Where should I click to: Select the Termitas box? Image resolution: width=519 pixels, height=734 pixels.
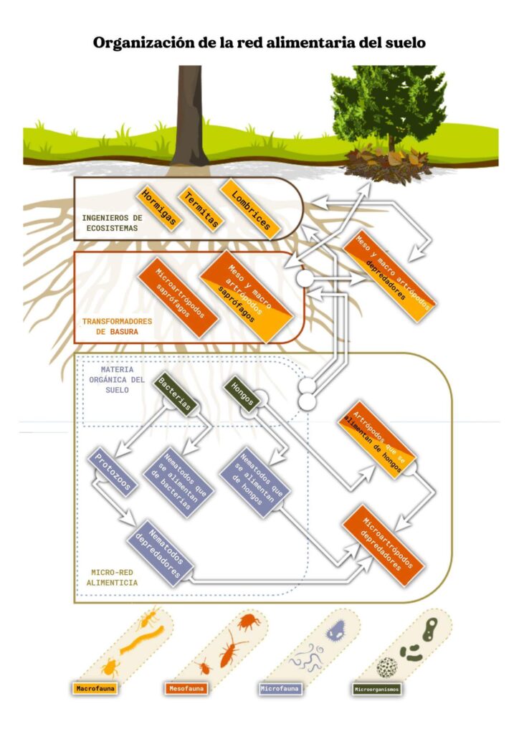199,209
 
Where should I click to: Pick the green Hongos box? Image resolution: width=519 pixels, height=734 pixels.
242,394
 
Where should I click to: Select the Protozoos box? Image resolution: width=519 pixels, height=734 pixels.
113,473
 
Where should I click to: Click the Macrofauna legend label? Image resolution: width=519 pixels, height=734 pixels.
95,689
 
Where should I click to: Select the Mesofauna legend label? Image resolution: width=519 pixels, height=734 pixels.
186,689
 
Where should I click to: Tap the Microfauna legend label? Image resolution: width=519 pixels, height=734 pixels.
280,689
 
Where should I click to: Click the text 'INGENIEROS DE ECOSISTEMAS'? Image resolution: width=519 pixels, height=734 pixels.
112,222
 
